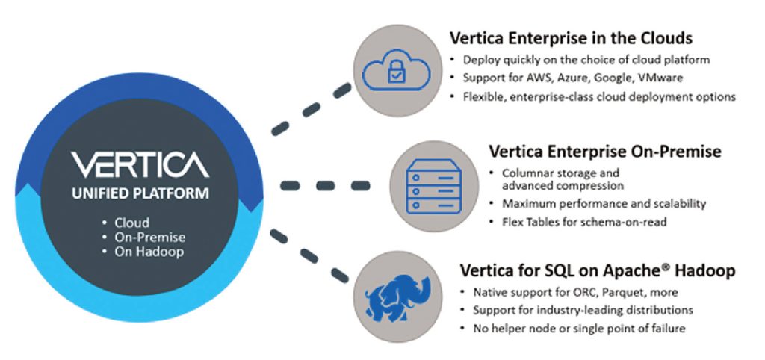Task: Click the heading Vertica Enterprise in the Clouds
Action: pyautogui.click(x=571, y=37)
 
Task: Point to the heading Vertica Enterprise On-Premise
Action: pyautogui.click(x=605, y=152)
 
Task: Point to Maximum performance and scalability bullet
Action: pyautogui.click(x=604, y=203)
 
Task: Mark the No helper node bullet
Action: pyautogui.click(x=578, y=328)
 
